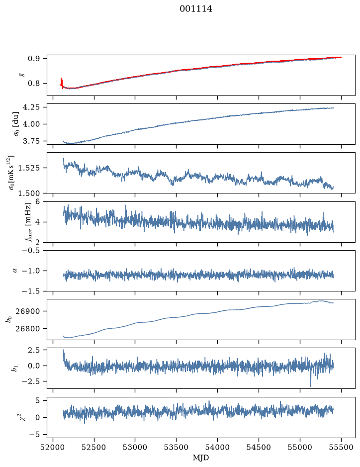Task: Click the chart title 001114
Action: pos(196,9)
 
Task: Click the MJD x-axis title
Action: pos(201,458)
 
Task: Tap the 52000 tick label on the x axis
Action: pos(53,447)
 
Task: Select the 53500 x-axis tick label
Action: pos(177,447)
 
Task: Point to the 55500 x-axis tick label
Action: pos(341,447)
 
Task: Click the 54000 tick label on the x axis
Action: pos(217,447)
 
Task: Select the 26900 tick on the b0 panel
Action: pos(31,311)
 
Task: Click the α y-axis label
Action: pos(15,271)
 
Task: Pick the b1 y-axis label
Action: pos(14,369)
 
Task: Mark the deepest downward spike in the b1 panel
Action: pos(311,386)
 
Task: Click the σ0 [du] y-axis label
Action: pos(15,124)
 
